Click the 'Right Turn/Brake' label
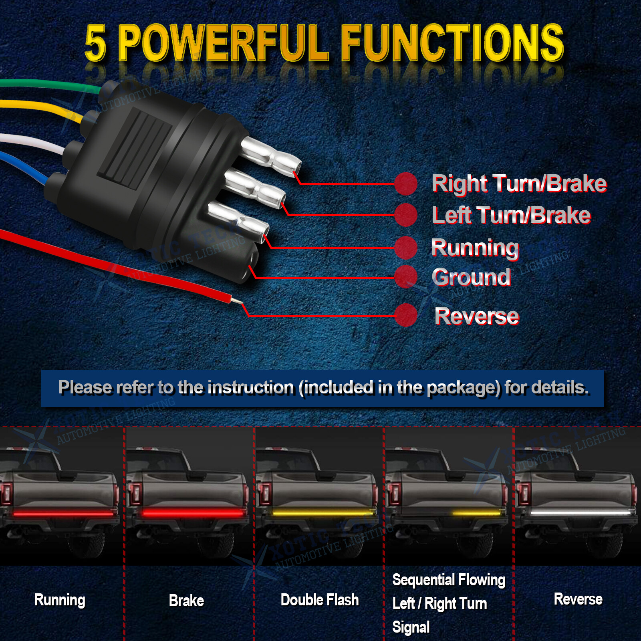coord(519,184)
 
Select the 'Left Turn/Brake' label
coord(511,215)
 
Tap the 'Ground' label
coord(471,277)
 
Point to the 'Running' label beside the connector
coord(475,248)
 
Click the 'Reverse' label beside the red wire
coord(477,316)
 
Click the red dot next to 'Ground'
coord(406,277)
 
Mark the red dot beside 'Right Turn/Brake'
coord(406,184)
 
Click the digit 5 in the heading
coord(95,43)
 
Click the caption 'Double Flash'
coord(319,600)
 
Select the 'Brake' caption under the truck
coord(186,601)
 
